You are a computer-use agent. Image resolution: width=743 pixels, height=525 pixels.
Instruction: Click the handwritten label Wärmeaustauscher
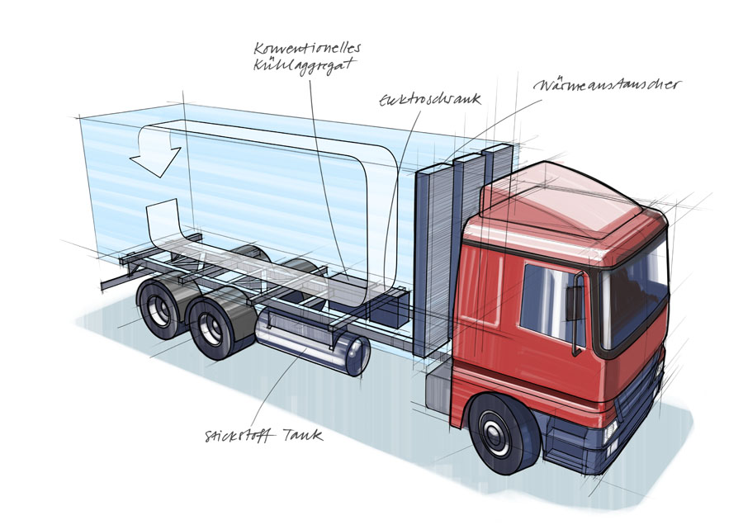607,86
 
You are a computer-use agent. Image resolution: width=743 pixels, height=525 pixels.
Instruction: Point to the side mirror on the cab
575,302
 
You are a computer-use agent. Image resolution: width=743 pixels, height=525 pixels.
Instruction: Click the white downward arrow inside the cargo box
157,155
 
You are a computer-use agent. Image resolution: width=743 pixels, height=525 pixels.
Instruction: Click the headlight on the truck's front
611,429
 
